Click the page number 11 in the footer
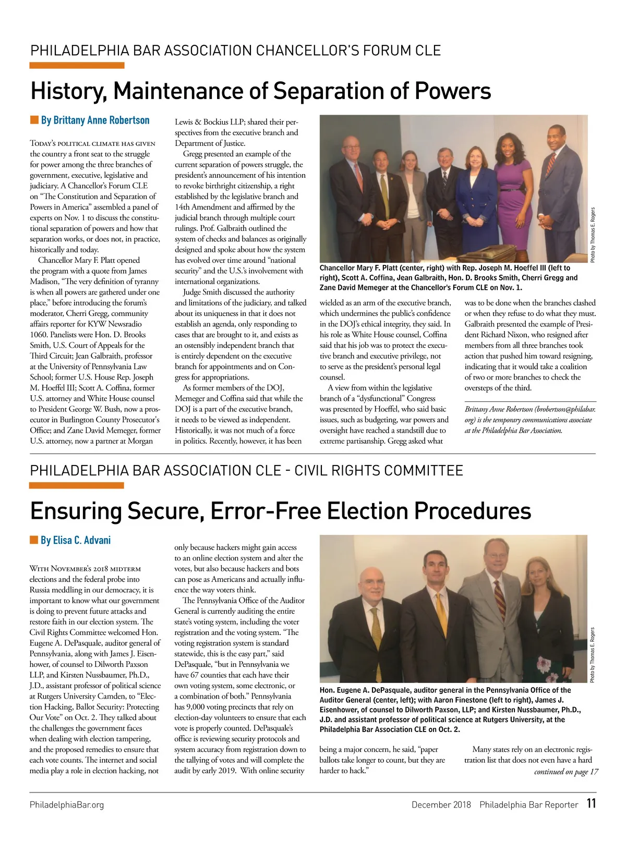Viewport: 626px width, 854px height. (591, 803)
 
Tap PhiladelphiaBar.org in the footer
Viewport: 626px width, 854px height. (67, 804)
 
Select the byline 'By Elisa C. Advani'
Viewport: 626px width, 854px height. (76, 540)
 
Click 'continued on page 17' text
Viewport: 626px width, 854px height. (566, 772)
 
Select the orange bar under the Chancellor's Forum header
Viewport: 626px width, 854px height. (77, 66)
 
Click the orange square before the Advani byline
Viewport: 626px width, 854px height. (34, 540)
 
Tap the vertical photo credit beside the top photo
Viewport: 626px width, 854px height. (592, 235)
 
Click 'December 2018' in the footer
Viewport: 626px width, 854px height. (441, 804)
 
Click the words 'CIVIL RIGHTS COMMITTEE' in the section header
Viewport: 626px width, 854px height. (379, 470)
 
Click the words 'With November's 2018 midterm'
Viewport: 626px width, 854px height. (85, 568)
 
